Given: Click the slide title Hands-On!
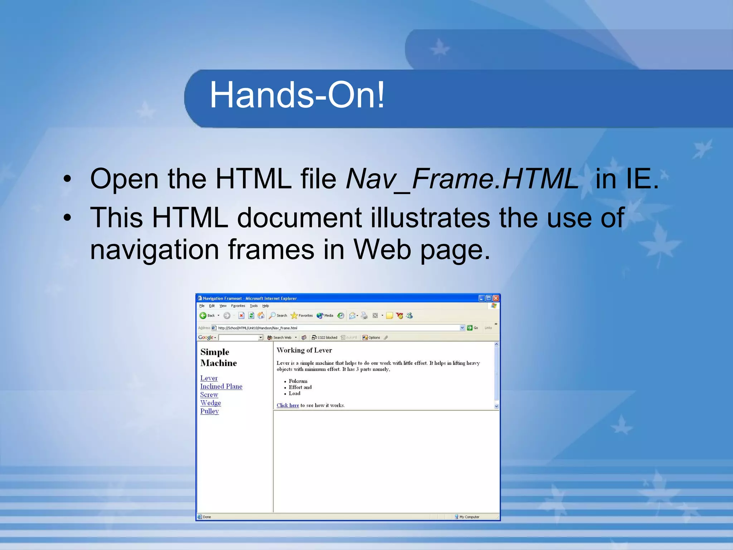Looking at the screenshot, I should (x=297, y=95).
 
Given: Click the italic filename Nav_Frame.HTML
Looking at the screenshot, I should (x=462, y=179).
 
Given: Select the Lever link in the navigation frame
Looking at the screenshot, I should (x=209, y=378).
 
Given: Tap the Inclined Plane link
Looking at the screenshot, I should (x=221, y=386).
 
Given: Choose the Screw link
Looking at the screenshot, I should (x=209, y=395).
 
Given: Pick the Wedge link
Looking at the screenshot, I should (x=210, y=403).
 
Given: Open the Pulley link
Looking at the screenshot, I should (x=209, y=411).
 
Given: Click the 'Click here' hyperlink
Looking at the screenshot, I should (x=287, y=405).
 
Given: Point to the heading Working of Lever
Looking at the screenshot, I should (x=304, y=350).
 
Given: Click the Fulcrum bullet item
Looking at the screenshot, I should (x=298, y=381).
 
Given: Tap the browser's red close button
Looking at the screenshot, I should (x=496, y=298).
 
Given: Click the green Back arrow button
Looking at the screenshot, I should (x=203, y=315).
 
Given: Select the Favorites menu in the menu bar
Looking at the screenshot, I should (x=238, y=306).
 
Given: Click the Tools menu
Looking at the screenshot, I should (x=254, y=306).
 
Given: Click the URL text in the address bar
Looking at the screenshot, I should (x=258, y=328).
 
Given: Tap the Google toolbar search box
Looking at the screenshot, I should (x=238, y=337).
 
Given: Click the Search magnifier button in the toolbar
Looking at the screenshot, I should (x=278, y=315).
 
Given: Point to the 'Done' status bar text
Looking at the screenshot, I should (x=207, y=517).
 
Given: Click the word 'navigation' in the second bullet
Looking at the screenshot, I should (x=154, y=250).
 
